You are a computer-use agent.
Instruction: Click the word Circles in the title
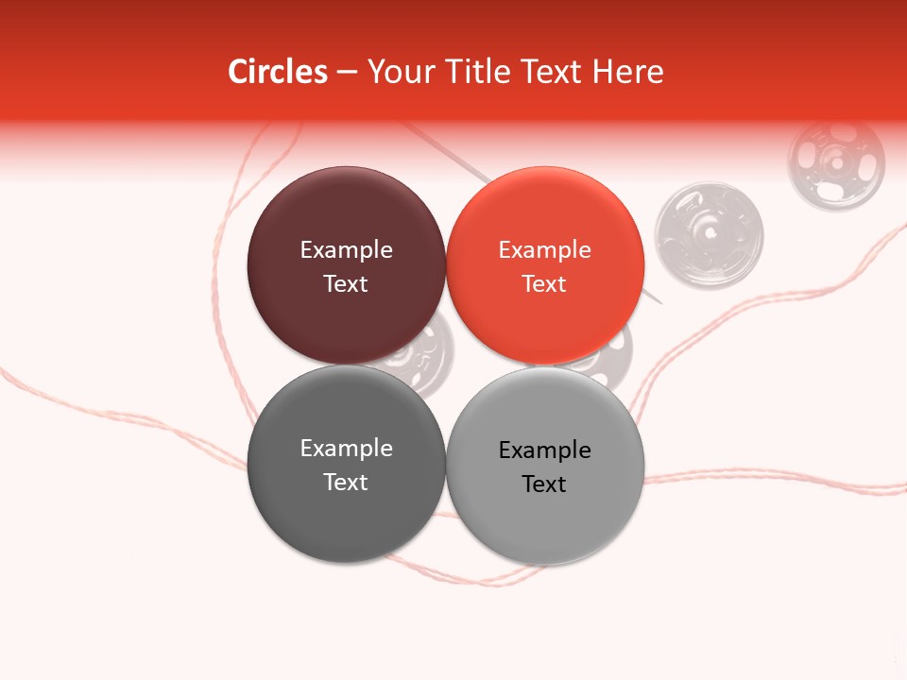(x=278, y=72)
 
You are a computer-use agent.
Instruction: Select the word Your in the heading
(x=399, y=72)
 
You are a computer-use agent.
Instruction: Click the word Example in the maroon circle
(x=346, y=249)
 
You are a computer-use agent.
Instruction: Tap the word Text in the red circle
(x=544, y=283)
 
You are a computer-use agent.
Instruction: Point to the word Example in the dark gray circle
(x=346, y=448)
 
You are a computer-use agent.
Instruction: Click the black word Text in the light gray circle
(x=544, y=484)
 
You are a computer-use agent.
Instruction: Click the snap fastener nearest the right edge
(x=836, y=161)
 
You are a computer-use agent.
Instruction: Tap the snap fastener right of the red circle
(x=709, y=235)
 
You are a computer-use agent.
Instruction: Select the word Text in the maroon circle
(x=346, y=283)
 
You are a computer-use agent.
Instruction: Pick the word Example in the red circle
(x=544, y=249)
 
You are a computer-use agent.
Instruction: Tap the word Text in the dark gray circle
(x=346, y=482)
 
